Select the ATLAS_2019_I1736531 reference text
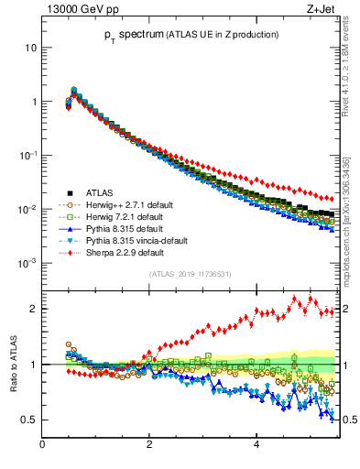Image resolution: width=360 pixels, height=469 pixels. pyautogui.click(x=190, y=274)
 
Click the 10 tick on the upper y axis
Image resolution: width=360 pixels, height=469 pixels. pyautogui.click(x=31, y=47)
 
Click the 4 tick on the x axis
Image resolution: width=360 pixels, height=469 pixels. pyautogui.click(x=256, y=446)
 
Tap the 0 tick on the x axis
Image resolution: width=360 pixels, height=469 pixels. pyautogui.click(x=42, y=446)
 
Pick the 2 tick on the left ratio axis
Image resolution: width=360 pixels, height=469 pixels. pyautogui.click(x=32, y=309)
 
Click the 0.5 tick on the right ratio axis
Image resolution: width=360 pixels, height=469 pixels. pyautogui.click(x=347, y=420)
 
